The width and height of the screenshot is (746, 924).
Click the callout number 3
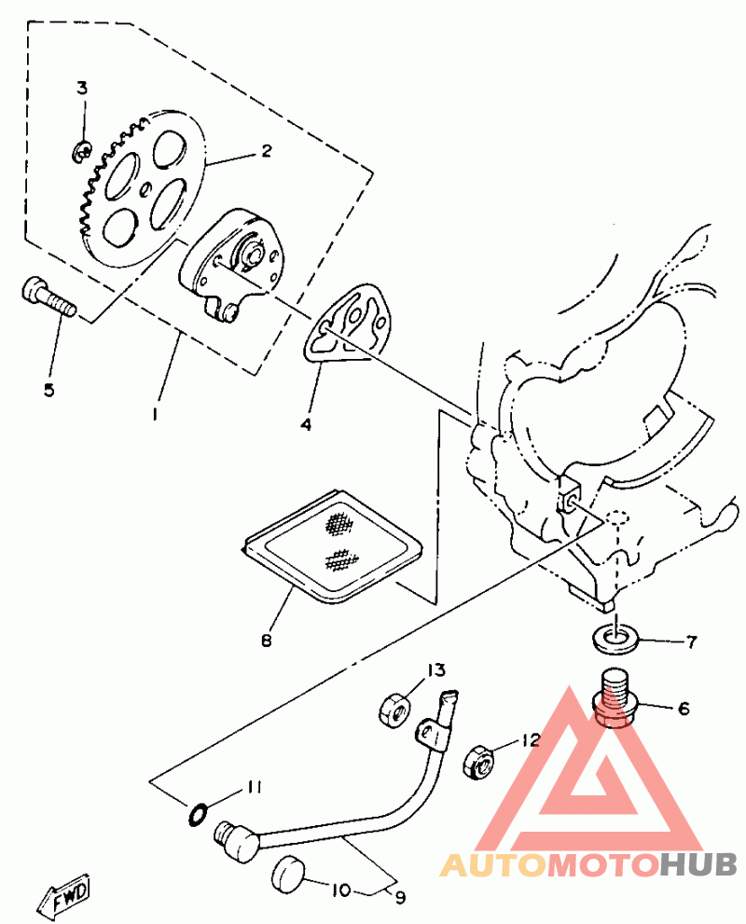(x=82, y=89)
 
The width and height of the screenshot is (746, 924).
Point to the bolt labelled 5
(x=47, y=297)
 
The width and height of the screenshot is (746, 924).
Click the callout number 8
(x=268, y=641)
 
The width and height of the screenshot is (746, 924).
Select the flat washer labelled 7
(x=614, y=639)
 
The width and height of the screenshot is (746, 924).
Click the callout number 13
(x=436, y=670)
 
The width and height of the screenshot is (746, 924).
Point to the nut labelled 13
(x=393, y=710)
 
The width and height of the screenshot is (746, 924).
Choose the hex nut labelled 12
(x=479, y=762)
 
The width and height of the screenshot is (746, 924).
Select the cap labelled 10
(x=288, y=876)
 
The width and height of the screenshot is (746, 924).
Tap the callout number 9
(x=401, y=898)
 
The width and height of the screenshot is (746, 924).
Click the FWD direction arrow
(x=65, y=899)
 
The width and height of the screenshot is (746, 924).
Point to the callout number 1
(x=156, y=410)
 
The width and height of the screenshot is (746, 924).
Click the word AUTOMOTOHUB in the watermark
(x=588, y=866)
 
